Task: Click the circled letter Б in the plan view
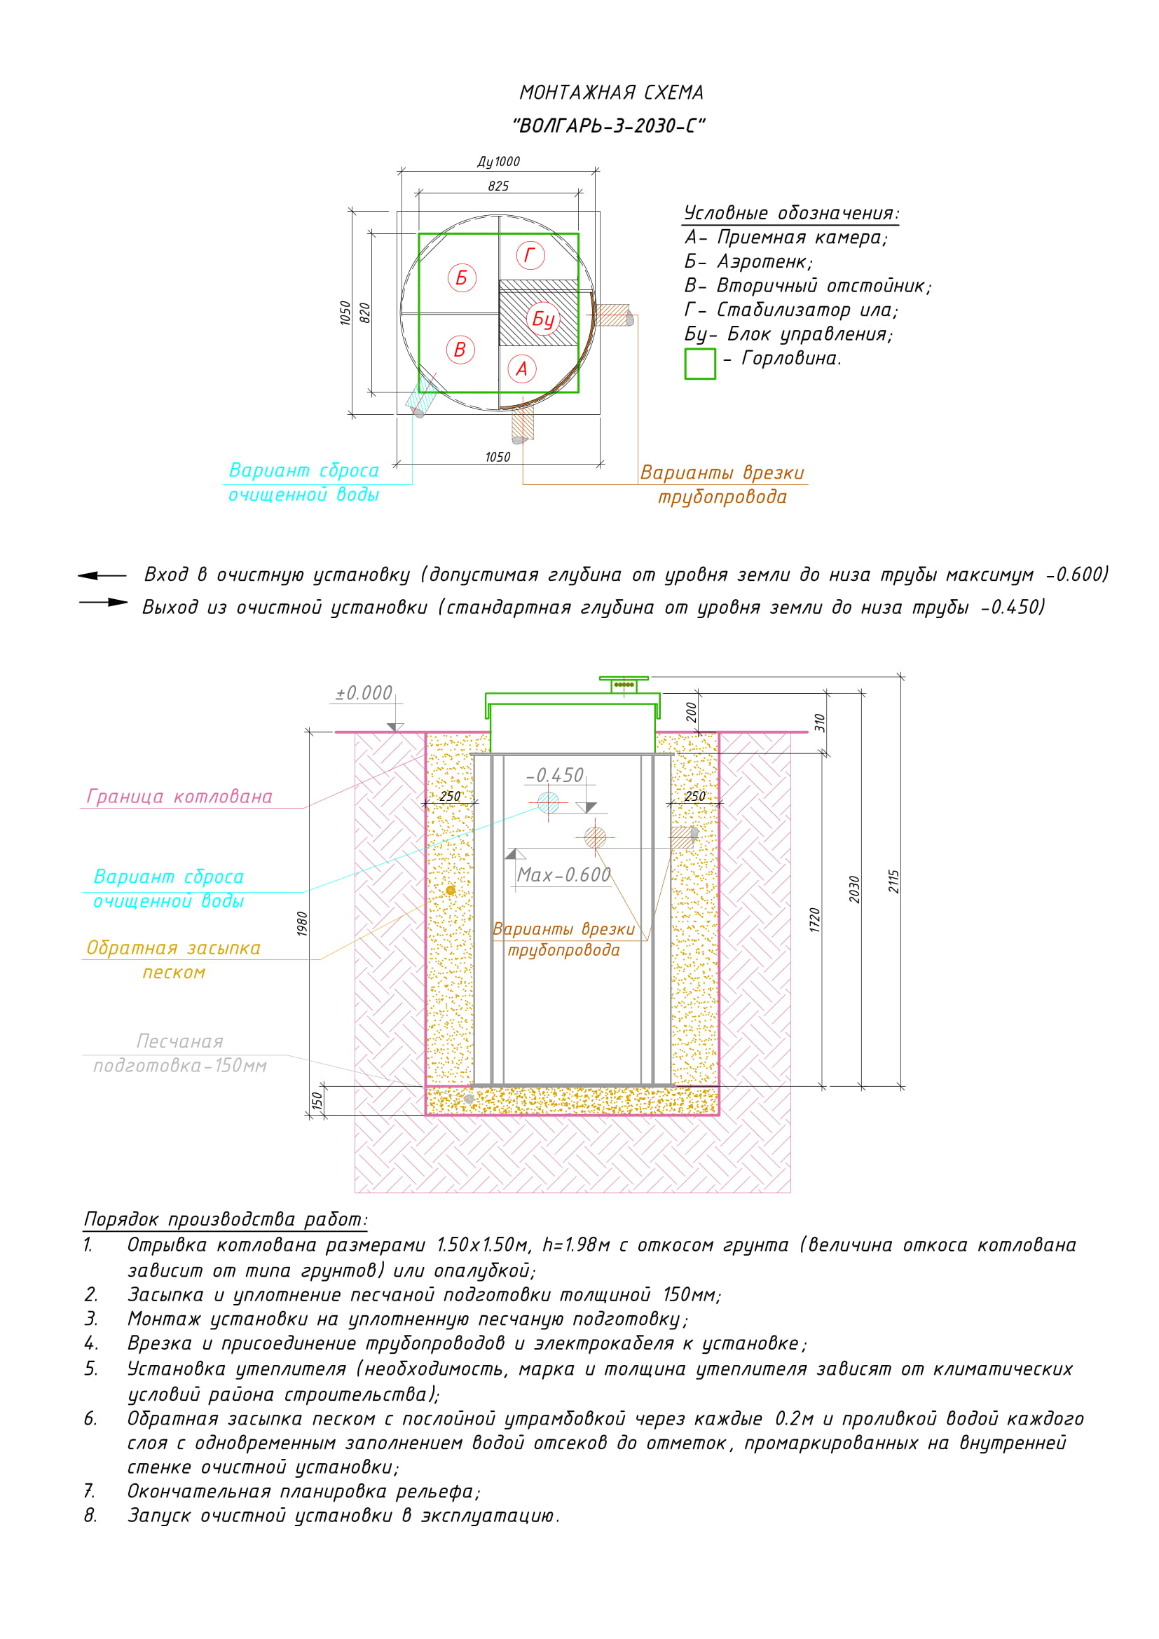click(x=461, y=277)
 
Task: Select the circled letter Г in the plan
click(x=530, y=255)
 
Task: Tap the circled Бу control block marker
click(x=543, y=319)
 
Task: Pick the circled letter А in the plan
click(x=522, y=369)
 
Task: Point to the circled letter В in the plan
click(x=460, y=350)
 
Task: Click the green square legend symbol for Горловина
click(x=699, y=364)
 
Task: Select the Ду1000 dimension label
click(x=498, y=162)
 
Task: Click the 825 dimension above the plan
click(x=498, y=186)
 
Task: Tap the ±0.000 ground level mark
click(x=364, y=693)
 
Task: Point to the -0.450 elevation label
click(x=554, y=775)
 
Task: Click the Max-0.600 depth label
click(x=564, y=875)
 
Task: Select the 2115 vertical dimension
click(x=893, y=882)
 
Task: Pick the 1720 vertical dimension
click(x=815, y=919)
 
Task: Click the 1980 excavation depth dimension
click(x=303, y=924)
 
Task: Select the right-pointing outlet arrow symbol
click(x=104, y=603)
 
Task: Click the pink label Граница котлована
click(x=179, y=797)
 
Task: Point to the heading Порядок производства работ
click(x=225, y=1219)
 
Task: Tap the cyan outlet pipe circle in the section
click(x=548, y=802)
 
